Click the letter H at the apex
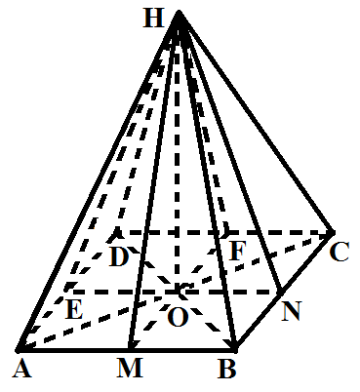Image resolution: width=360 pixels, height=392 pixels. coord(153,19)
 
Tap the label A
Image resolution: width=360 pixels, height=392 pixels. coord(22,370)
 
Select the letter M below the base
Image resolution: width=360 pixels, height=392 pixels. coord(130,369)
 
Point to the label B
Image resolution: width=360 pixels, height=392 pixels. coord(226,369)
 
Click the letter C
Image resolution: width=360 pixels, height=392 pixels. coord(340,252)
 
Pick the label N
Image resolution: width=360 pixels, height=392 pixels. coord(292,311)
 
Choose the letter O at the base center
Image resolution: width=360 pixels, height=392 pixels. coord(178,317)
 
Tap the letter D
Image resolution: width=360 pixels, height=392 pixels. coord(119,256)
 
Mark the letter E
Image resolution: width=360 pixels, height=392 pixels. coord(74,309)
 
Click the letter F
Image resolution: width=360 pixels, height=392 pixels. coord(236,251)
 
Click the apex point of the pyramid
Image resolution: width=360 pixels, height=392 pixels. coord(179,12)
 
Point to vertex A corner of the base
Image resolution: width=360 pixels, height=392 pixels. coord(19,350)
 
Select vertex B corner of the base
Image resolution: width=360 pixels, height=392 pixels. coord(236,350)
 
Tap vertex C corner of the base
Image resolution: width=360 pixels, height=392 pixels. coord(333,232)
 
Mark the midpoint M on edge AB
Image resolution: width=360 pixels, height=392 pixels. coord(130,350)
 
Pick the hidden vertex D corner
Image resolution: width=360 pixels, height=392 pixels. coord(117,233)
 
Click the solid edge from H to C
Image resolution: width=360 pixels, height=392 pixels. coord(256,122)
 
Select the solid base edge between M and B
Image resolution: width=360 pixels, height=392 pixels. coord(182,350)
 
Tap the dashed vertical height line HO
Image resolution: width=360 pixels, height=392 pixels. coord(177,153)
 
